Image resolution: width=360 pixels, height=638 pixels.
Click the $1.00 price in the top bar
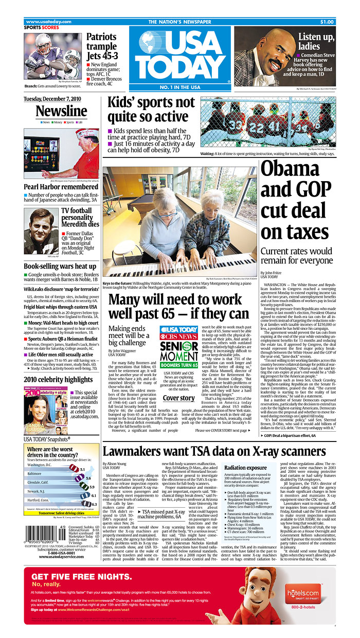[x=327, y=22]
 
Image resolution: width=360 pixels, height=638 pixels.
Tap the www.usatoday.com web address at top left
[x=48, y=22]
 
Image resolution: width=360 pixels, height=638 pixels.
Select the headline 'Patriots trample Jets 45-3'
[x=105, y=47]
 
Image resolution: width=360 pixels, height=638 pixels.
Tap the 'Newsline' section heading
[x=61, y=111]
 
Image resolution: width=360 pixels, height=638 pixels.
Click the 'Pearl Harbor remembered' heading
[x=61, y=187]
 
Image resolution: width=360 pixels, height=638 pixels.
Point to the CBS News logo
[x=178, y=337]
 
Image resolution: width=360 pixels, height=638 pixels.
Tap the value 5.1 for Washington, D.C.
[x=82, y=469]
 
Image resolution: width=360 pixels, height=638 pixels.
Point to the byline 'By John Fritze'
[x=274, y=273]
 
